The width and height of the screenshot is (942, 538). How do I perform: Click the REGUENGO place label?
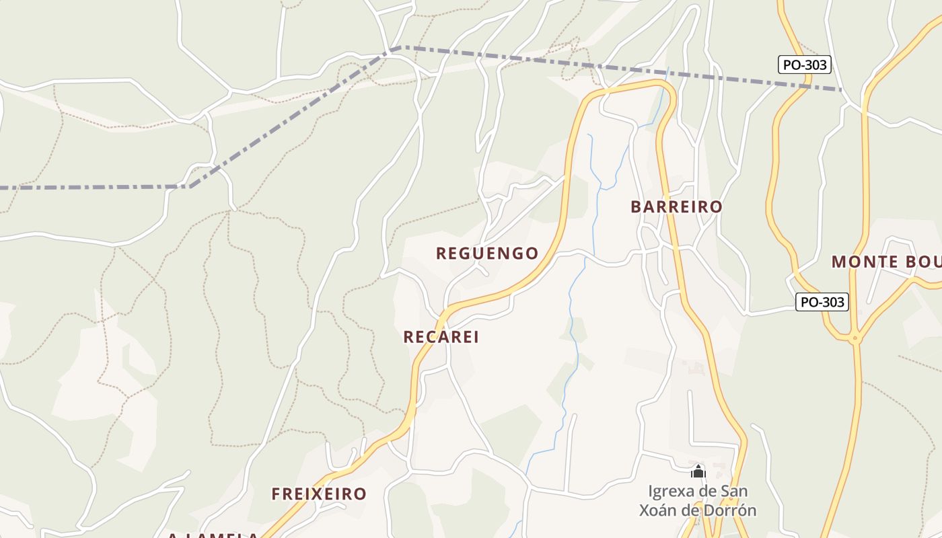point(487,254)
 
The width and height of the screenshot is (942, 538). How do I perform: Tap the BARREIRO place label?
point(676,207)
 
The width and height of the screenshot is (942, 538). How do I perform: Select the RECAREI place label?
point(441,337)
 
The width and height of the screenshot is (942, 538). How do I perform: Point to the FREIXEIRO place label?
point(319,494)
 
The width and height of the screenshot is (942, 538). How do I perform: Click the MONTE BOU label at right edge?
point(885,262)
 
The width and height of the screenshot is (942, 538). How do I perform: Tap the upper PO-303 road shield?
point(805,65)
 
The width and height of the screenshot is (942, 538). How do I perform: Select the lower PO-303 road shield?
point(822,302)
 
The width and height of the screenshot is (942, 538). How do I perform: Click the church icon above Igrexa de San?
point(698,471)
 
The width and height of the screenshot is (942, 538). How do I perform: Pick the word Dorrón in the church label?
point(731,510)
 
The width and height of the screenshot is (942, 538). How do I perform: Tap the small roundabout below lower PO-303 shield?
point(855,339)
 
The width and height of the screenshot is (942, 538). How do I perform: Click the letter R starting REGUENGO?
point(441,254)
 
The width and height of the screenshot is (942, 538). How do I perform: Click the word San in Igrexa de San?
point(733,491)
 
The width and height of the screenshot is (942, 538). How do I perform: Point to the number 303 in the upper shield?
point(814,65)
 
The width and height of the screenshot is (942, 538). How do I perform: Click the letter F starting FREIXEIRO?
point(276,494)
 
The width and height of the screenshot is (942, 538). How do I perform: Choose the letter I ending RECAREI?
point(476,337)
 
